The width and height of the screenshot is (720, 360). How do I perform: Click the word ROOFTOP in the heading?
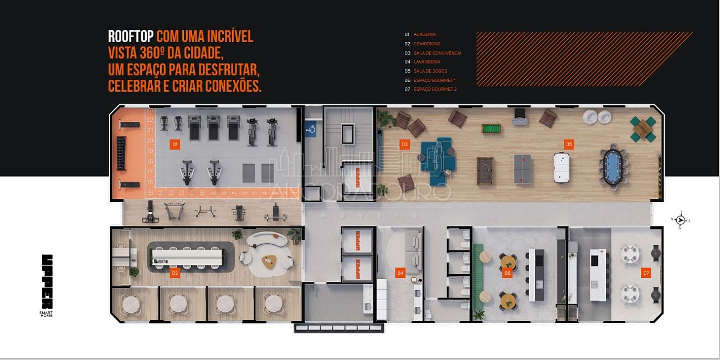131,37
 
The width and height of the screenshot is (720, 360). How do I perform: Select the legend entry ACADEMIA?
425,34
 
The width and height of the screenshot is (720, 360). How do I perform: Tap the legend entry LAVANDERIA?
427,62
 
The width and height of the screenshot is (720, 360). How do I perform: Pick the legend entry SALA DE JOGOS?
430,71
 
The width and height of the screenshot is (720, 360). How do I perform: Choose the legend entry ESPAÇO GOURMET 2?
435,89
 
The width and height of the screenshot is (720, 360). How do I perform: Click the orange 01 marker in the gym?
175,145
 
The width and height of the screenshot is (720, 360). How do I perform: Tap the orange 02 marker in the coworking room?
175,273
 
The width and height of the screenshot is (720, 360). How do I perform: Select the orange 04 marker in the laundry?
400,273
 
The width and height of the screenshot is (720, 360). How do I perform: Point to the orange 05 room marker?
569,145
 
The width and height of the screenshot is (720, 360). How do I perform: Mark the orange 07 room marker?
646,273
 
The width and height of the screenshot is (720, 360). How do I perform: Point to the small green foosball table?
490,129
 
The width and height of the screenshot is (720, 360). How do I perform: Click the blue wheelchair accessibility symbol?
311,130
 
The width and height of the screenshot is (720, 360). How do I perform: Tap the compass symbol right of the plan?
681,220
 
